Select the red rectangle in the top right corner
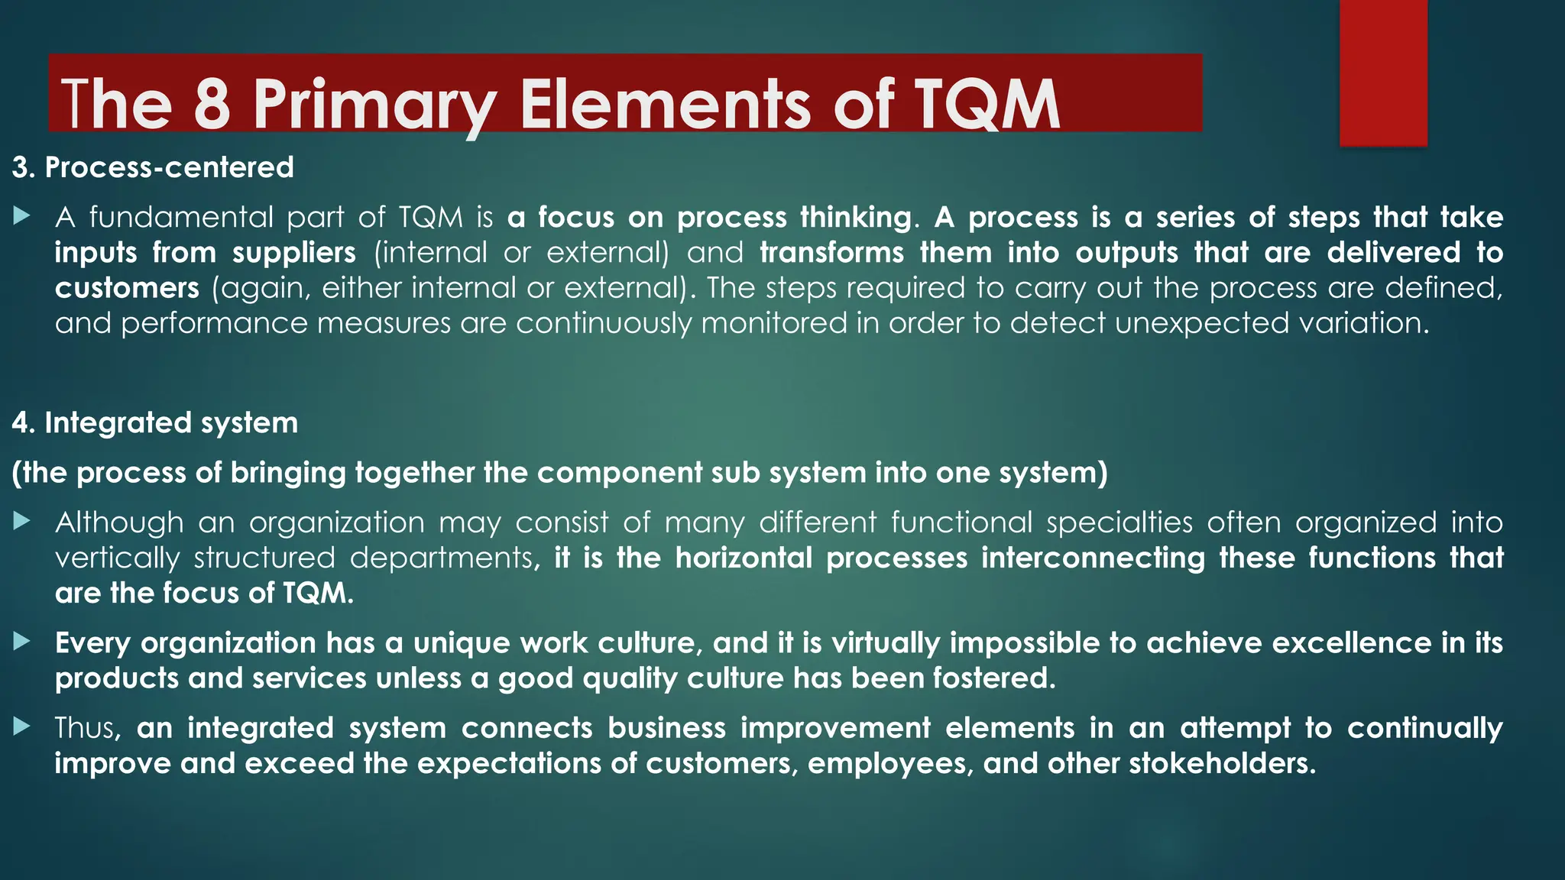click(x=1383, y=73)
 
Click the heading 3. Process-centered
click(x=153, y=167)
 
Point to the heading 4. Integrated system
click(x=155, y=423)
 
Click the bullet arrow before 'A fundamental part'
click(x=21, y=217)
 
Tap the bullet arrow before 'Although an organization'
click(x=21, y=522)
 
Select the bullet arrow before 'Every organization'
click(x=21, y=642)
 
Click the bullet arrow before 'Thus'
click(x=21, y=727)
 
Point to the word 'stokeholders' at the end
click(x=1222, y=763)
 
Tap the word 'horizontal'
click(x=744, y=558)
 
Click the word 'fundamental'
click(x=180, y=218)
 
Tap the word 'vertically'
click(x=117, y=558)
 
